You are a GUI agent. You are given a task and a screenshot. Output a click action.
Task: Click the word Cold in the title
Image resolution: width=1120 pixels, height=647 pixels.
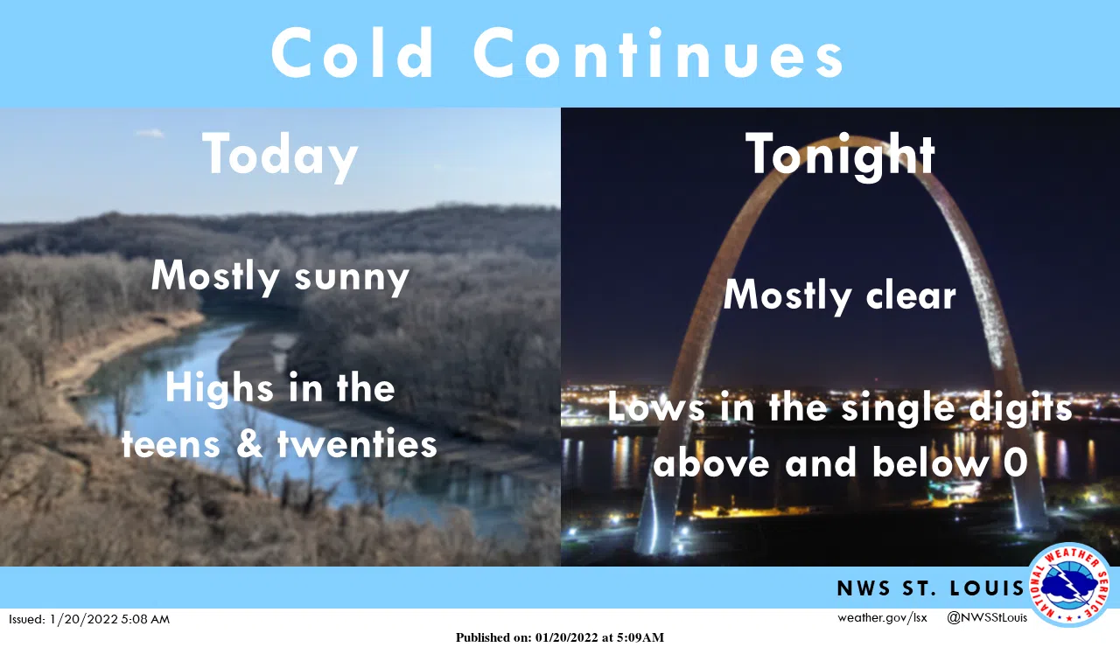tap(353, 53)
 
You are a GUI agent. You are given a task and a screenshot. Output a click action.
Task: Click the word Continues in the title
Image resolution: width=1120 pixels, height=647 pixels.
tap(659, 53)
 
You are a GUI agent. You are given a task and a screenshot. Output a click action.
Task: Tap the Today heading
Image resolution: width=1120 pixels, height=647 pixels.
tap(280, 156)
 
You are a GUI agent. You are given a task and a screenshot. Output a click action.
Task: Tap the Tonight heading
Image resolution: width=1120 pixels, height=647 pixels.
tap(840, 156)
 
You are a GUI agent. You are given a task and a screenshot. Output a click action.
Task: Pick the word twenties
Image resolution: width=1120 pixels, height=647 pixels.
tap(357, 444)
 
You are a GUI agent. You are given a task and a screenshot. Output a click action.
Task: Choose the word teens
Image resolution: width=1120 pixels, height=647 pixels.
tap(171, 444)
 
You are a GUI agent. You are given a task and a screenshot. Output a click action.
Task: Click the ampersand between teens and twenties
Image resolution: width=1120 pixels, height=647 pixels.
tap(251, 444)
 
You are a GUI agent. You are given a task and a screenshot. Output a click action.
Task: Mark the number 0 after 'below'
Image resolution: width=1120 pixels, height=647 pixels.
tap(1015, 464)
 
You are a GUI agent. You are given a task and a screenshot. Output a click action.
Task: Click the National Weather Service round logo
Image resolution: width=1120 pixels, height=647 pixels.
tap(1069, 586)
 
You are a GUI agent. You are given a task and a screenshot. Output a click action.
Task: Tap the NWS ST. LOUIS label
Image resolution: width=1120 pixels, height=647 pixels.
tap(930, 588)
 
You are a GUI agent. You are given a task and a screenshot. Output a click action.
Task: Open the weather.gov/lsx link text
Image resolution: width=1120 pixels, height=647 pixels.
tap(881, 618)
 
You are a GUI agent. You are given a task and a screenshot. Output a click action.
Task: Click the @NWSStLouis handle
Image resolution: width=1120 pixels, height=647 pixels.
tap(987, 618)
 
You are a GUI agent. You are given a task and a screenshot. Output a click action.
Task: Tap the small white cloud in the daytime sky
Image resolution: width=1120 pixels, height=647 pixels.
tap(150, 134)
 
